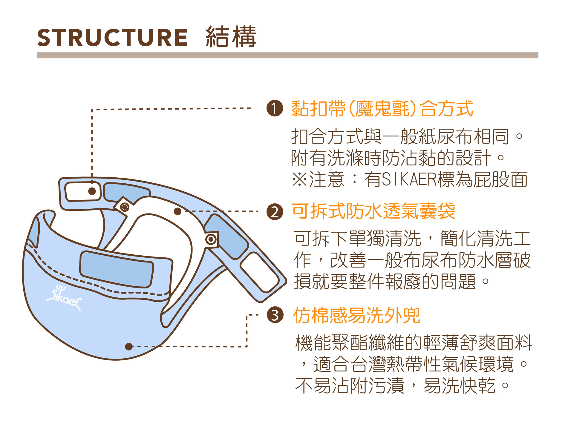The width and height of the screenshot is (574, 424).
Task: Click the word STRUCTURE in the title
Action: pos(112,38)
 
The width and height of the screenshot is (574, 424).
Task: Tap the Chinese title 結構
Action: pos(231,37)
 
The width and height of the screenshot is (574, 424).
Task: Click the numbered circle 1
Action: pos(275,108)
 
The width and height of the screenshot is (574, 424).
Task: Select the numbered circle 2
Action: pos(275,212)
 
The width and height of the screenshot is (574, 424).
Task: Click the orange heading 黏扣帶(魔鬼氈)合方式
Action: pos(382,108)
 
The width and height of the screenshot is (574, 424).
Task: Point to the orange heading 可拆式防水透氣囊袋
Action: pos(373,211)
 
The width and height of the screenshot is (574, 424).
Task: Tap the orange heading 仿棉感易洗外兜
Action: pos(357,315)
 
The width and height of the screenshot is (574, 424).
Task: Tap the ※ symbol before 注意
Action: pos(300,179)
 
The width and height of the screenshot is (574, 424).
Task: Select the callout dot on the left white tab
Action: pos(92,191)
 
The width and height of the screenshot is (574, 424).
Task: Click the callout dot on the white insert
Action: pos(177,211)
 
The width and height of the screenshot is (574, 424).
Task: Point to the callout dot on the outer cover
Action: pos(129,346)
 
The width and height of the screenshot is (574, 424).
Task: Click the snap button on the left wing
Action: pos(125,207)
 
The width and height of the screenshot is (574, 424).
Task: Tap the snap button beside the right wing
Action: pos(211,239)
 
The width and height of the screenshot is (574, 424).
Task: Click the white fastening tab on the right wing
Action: pos(259,272)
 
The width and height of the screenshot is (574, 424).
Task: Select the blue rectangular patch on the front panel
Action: pos(117,269)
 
